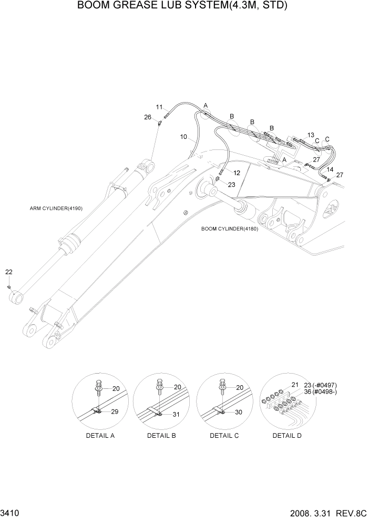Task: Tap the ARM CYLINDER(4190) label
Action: (x=56, y=208)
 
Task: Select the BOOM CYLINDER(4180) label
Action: (x=230, y=229)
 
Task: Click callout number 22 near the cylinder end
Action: (x=9, y=272)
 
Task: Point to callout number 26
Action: (x=148, y=117)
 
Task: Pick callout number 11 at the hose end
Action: (x=159, y=107)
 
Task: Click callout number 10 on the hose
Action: (x=183, y=137)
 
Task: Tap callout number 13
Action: (x=311, y=135)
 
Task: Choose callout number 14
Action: (x=330, y=169)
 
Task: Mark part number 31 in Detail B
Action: (x=176, y=414)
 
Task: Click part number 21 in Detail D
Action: (x=294, y=385)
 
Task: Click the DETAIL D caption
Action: (x=286, y=436)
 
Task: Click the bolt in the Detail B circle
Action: (x=159, y=386)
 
